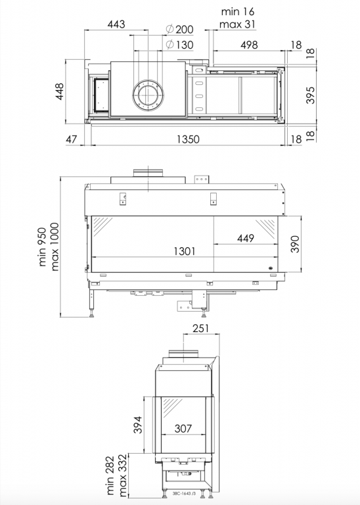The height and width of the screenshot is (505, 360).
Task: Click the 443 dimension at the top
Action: click(x=116, y=24)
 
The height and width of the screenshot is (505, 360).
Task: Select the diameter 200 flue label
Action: click(x=180, y=30)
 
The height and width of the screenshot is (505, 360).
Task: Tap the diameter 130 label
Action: click(x=180, y=45)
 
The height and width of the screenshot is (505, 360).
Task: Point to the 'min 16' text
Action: click(x=238, y=12)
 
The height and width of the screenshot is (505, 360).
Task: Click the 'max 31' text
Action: click(x=237, y=24)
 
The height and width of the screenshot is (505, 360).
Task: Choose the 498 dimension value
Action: click(x=249, y=45)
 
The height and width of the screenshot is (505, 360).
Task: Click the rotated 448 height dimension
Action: click(x=60, y=91)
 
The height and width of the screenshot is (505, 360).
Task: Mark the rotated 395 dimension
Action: click(x=311, y=95)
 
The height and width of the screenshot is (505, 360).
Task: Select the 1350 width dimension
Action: click(x=188, y=139)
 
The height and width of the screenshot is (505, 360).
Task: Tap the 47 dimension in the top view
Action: click(x=72, y=139)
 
